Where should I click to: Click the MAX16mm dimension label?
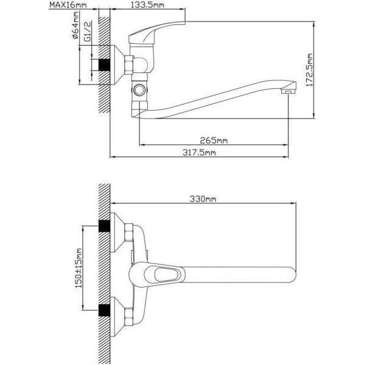coord(68,5)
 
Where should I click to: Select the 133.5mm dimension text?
coord(147,5)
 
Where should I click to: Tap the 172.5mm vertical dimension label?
coord(310,70)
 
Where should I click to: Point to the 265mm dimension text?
coord(214,141)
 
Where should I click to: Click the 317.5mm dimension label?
coord(199,153)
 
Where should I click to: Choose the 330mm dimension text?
coord(203,199)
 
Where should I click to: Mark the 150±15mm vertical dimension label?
coord(78,268)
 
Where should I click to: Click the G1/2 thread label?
coord(87,32)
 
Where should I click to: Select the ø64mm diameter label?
coord(75,25)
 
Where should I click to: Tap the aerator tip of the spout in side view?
coord(288,91)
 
